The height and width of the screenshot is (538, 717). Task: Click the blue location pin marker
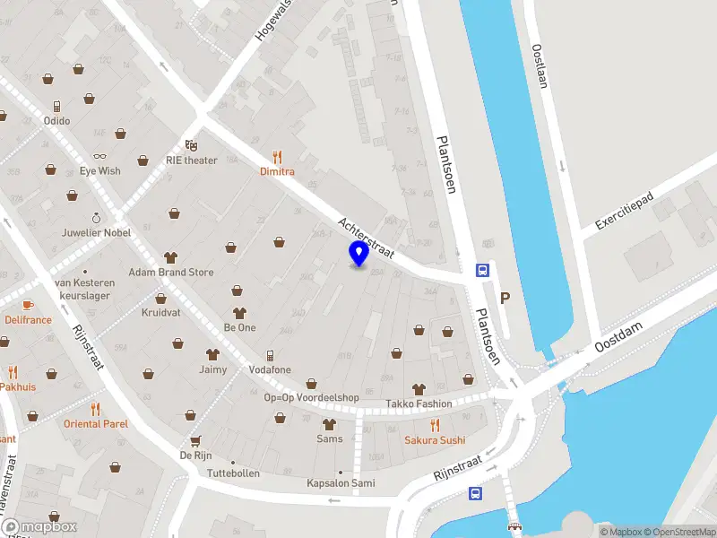359,254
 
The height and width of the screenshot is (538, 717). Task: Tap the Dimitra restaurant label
277,170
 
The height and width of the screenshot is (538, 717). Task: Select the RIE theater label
191,161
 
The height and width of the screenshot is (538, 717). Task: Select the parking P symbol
505,299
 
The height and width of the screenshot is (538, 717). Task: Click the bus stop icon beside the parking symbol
481,270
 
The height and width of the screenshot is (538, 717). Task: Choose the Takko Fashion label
419,404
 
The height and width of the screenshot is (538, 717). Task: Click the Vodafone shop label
269,369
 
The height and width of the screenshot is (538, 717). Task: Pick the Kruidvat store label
160,313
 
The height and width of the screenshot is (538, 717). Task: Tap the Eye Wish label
99,170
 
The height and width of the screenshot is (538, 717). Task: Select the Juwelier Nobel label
95,231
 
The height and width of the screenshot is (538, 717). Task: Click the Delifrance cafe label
28,319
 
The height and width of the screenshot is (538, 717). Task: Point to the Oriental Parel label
95,423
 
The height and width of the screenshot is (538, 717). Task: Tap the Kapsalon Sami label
340,483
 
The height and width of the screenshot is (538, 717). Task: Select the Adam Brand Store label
170,272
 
